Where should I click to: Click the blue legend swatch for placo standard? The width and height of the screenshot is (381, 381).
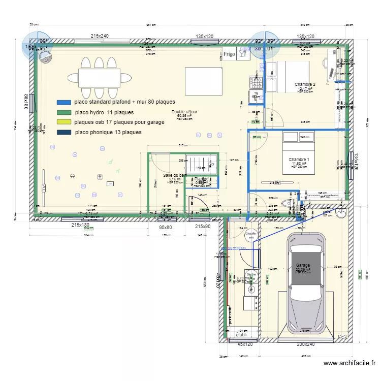64,102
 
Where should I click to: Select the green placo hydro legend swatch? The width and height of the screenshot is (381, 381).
64,112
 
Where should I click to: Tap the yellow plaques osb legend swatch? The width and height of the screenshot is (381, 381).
64,122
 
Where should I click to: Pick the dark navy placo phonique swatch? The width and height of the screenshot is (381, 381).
64,133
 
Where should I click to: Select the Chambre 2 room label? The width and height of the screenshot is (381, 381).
305,85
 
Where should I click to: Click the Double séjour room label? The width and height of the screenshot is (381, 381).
184,112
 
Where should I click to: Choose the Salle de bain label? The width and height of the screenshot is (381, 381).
175,176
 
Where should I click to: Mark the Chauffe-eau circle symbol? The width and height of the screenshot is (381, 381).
250,235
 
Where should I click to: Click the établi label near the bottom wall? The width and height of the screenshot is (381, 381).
241,335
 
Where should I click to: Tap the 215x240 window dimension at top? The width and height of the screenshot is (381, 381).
100,36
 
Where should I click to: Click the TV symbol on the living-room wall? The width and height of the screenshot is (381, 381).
44,188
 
